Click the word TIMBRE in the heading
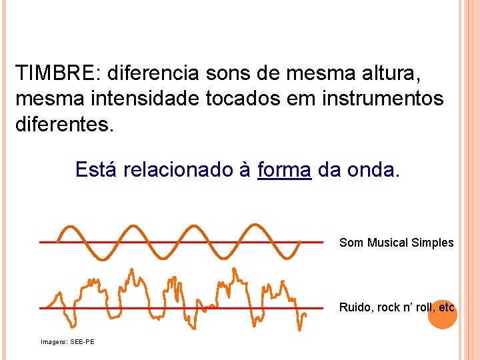click(55, 72)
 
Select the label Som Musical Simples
click(396, 243)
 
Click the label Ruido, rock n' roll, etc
click(397, 307)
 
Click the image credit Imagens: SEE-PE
click(67, 342)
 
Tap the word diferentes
click(64, 125)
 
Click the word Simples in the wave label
click(433, 243)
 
